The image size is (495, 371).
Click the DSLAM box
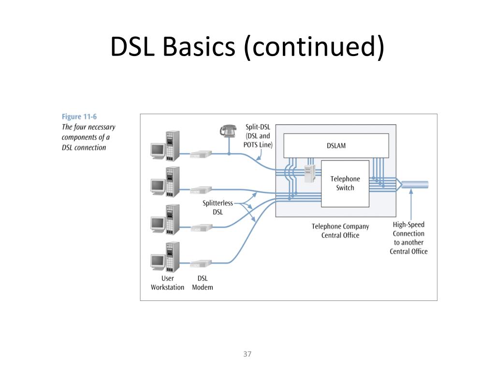click(x=336, y=145)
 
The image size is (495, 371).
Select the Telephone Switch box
click(x=345, y=184)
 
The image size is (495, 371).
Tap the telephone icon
click(x=228, y=130)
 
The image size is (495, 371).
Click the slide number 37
click(x=247, y=354)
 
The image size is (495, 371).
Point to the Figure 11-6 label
click(x=79, y=117)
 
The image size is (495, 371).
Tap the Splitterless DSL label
click(x=218, y=207)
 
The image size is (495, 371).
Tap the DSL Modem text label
click(x=203, y=283)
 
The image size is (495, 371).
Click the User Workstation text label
click(x=167, y=283)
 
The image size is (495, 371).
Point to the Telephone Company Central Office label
click(x=340, y=230)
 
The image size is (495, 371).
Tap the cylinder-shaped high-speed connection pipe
click(x=414, y=185)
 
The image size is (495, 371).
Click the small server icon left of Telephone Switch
click(x=310, y=173)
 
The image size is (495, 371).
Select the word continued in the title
click(x=314, y=47)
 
